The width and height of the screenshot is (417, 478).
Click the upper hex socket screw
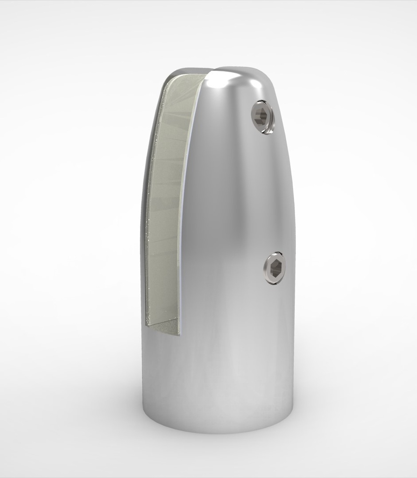[x=262, y=116]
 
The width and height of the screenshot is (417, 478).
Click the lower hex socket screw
[x=274, y=268]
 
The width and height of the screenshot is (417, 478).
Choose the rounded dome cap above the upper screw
[x=243, y=82]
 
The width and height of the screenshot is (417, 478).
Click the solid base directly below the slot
[x=163, y=373]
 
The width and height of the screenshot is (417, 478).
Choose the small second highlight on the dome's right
[x=256, y=85]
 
